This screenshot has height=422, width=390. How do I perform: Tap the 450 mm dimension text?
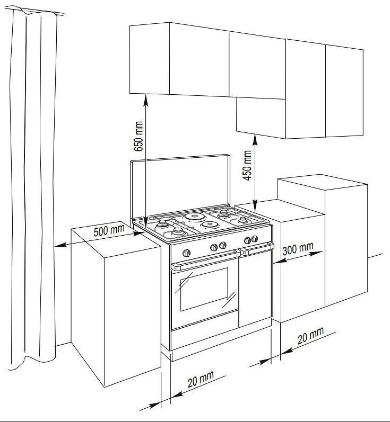click(247, 165)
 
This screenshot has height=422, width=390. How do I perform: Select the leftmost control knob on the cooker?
click(186, 250)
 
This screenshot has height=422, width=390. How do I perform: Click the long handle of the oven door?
click(204, 259)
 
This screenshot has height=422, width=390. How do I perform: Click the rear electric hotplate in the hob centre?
click(195, 217)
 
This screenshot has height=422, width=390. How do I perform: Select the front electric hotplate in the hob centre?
click(210, 225)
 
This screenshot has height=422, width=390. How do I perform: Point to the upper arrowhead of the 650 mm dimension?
click(145, 95)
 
